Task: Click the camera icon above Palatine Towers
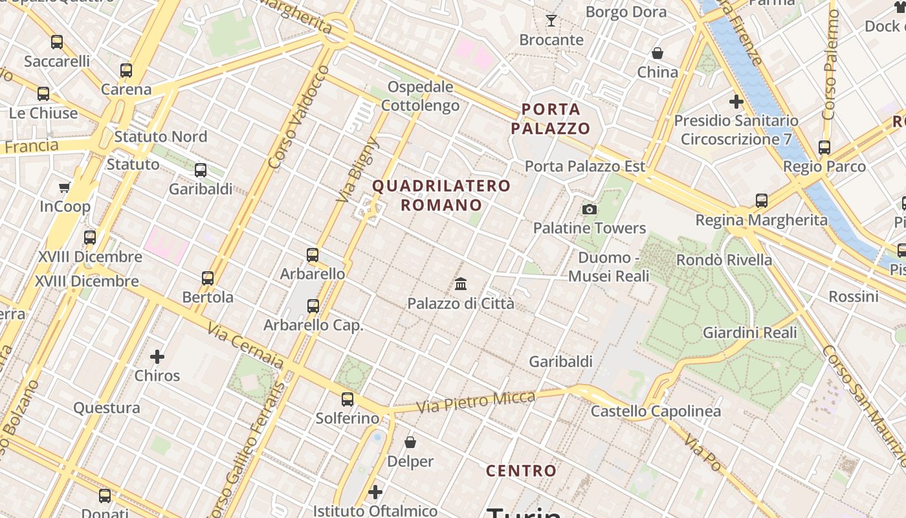589,209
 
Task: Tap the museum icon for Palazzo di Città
461,284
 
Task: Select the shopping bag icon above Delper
410,442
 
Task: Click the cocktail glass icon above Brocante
551,21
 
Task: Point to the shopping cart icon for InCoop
64,188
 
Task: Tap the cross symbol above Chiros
157,357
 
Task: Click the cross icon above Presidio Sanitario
736,102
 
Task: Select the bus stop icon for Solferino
348,399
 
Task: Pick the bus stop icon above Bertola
207,278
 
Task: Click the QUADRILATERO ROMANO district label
441,196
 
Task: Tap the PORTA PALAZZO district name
551,118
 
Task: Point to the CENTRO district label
521,471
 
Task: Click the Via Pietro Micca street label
476,402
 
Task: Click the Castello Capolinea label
656,411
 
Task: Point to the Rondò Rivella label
724,260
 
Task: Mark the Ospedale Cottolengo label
420,96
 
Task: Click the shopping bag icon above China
657,52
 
